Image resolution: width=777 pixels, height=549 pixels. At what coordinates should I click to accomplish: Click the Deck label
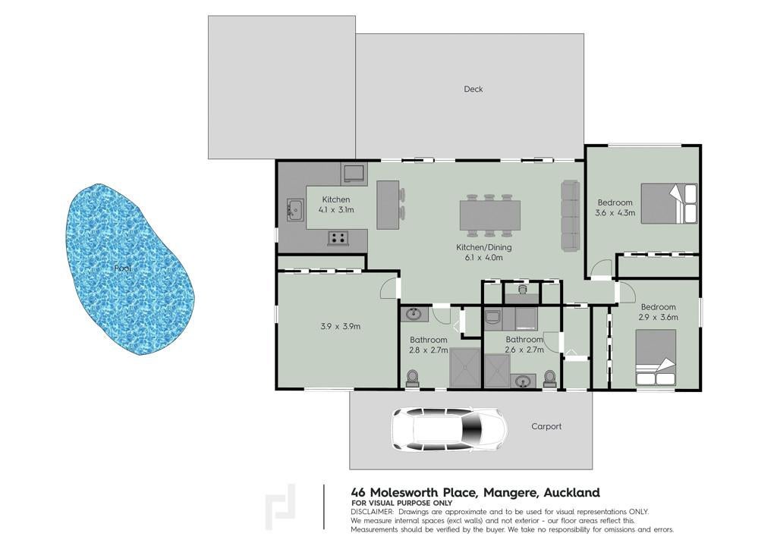[x=473, y=89]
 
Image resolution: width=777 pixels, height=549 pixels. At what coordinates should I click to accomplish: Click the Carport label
[x=546, y=426]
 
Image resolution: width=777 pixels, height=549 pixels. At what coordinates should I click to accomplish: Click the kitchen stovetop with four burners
[x=338, y=237]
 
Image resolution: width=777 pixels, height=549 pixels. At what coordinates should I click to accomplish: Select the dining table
[x=490, y=215]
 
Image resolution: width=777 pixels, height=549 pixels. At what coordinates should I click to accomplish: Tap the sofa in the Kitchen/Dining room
[x=571, y=216]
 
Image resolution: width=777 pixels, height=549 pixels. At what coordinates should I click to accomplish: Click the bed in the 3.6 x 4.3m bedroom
[x=669, y=203]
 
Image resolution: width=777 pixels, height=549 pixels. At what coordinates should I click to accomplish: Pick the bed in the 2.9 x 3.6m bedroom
[x=656, y=357]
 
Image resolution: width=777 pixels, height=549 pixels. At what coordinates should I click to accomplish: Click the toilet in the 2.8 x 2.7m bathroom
[x=412, y=378]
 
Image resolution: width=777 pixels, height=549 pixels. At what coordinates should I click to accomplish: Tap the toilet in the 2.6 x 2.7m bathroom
[x=549, y=378]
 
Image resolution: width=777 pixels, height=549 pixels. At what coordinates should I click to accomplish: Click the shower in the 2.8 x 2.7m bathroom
[x=465, y=368]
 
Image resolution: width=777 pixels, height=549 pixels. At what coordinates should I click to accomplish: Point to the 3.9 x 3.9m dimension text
[x=340, y=326]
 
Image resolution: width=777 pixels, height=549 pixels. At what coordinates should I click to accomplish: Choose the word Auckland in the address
[x=572, y=493]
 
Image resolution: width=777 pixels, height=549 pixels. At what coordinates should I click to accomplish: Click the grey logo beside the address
[x=281, y=507]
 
